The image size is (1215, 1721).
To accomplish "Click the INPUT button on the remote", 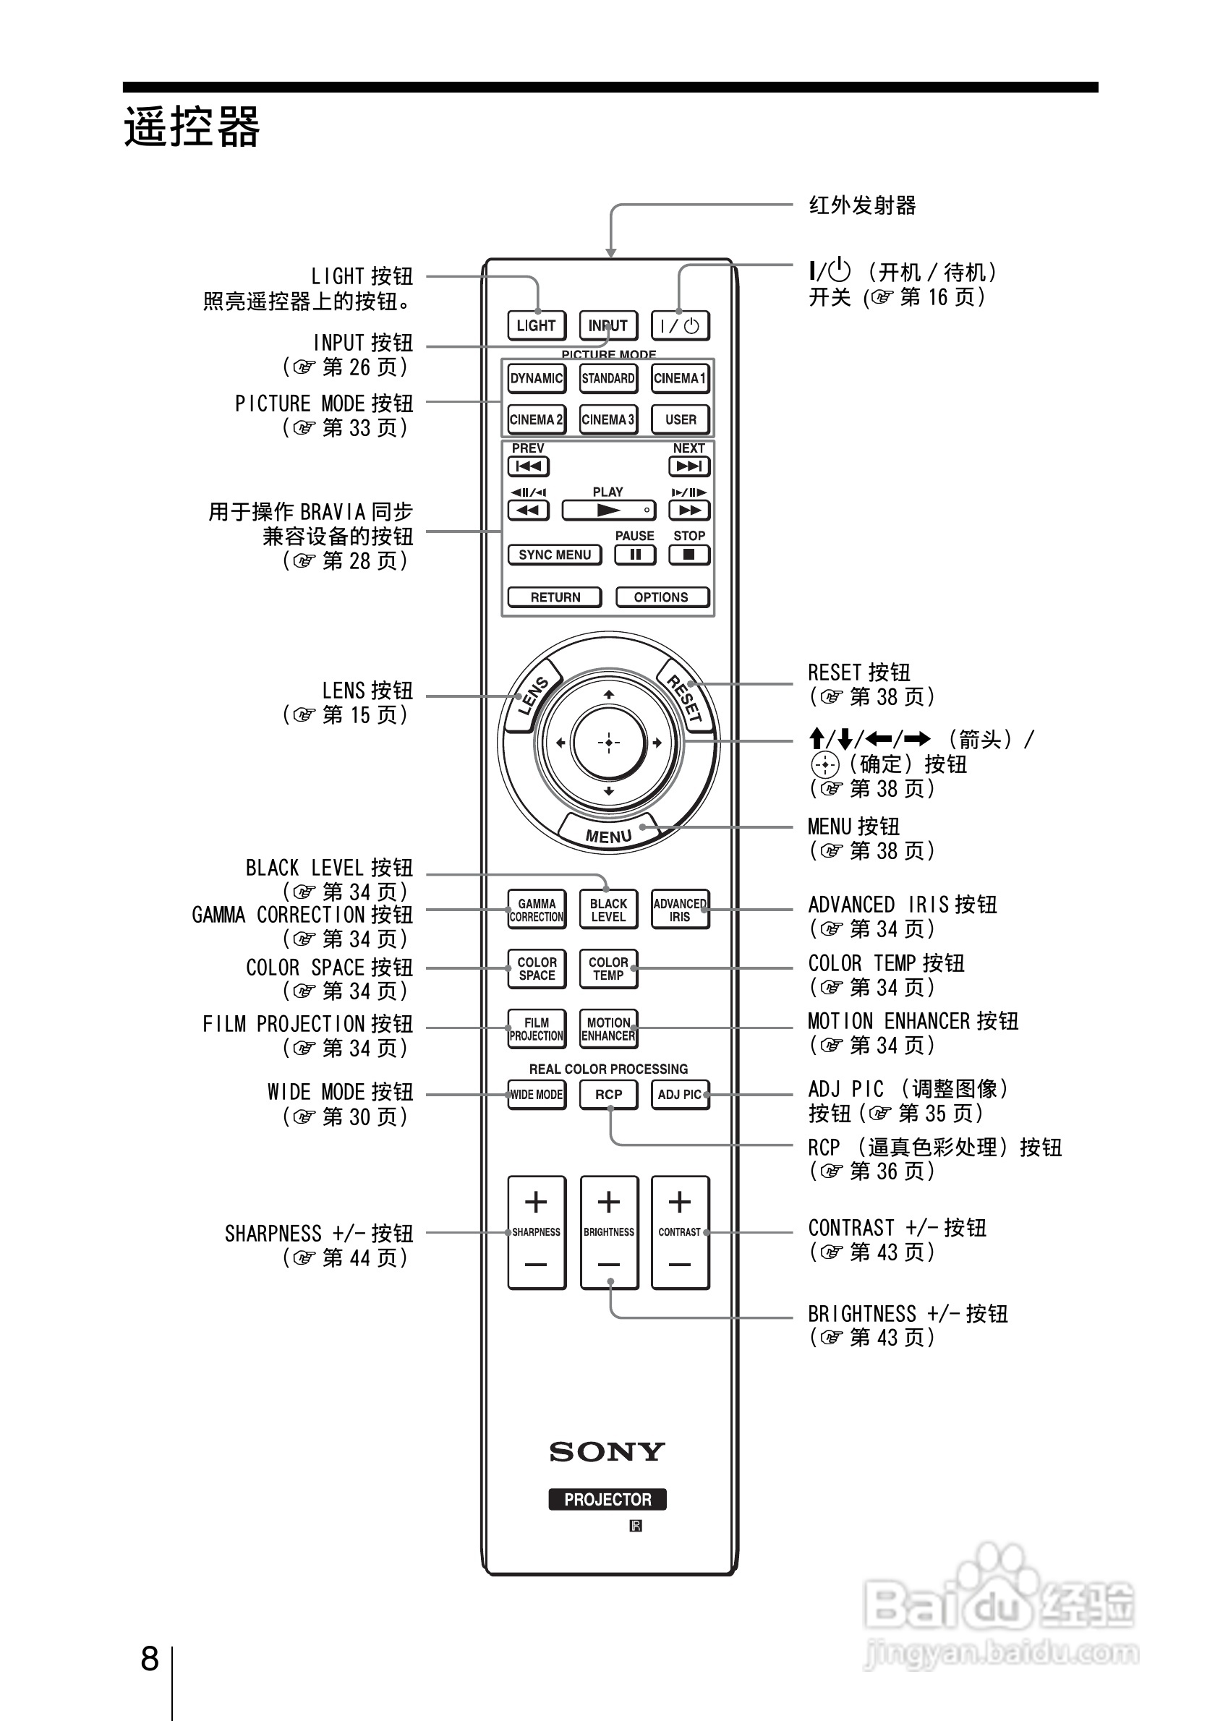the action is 608,325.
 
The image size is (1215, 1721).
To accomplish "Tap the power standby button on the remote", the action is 680,325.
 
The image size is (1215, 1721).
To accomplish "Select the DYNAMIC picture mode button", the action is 536,378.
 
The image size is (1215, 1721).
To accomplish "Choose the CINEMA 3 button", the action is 608,419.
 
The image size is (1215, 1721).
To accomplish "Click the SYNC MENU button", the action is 555,555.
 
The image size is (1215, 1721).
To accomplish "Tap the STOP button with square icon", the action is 688,555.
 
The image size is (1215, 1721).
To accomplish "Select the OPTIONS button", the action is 661,597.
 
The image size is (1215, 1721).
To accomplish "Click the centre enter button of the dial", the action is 608,743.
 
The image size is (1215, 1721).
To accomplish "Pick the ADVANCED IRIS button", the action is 680,910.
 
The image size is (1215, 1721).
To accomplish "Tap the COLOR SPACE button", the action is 537,968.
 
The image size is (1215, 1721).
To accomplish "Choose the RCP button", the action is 608,1094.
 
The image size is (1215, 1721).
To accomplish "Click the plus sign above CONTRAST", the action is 680,1203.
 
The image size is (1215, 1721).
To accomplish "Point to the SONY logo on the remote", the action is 607,1453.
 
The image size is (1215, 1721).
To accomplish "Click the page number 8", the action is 150,1660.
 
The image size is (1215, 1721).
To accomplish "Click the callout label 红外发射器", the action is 862,205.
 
